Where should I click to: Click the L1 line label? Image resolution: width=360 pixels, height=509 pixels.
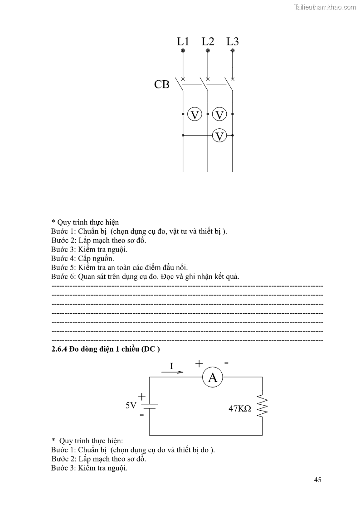coord(183,41)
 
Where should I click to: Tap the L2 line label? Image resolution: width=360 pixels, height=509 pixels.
coord(208,41)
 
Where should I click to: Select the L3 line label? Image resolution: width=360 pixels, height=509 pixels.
coord(233,41)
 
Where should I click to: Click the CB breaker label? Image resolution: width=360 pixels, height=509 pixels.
coord(162,84)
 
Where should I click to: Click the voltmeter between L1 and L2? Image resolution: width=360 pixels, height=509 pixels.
coord(195,114)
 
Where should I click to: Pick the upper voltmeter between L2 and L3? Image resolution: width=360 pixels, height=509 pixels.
coord(220,114)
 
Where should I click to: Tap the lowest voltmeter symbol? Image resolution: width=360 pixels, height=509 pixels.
coord(220,135)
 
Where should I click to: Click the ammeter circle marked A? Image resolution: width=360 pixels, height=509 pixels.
coord(213,377)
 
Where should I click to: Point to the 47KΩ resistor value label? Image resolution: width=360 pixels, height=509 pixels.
coord(240,408)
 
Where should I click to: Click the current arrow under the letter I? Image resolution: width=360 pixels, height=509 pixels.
coord(172,372)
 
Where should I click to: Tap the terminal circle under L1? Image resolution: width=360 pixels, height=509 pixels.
coord(183,51)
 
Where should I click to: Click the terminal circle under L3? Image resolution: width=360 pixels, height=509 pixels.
coord(233,51)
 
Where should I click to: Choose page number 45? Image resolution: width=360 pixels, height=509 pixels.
coord(317,480)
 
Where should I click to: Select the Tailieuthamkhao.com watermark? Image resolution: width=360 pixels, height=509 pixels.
coord(325,7)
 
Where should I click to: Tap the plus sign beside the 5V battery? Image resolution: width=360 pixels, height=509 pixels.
coord(141,397)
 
